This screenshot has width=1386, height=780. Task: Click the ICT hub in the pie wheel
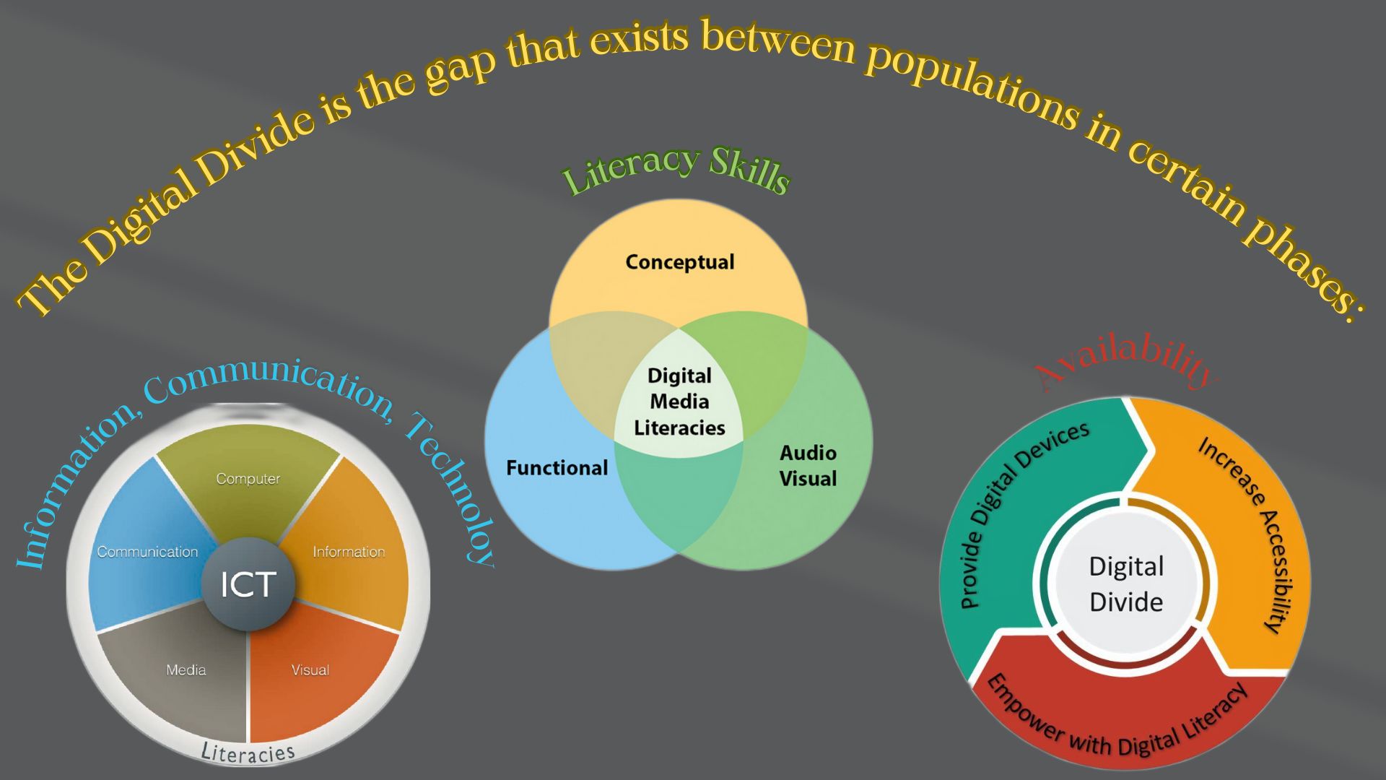(x=248, y=584)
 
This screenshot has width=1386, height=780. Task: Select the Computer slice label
(x=248, y=478)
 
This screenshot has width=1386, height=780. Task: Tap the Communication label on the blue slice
(x=147, y=552)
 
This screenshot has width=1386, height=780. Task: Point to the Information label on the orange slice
(x=349, y=552)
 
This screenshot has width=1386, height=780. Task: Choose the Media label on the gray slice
(x=186, y=670)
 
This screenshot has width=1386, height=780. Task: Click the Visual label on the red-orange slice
(x=310, y=670)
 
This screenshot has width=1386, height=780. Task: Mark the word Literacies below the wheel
(x=248, y=753)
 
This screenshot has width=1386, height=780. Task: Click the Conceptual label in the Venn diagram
(x=679, y=261)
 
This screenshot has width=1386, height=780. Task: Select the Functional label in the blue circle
(x=557, y=468)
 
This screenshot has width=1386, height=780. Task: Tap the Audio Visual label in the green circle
(x=808, y=466)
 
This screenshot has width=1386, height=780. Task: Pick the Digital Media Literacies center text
(x=679, y=402)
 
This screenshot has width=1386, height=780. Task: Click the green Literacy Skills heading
(x=676, y=170)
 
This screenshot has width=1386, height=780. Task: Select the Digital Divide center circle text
(x=1126, y=584)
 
